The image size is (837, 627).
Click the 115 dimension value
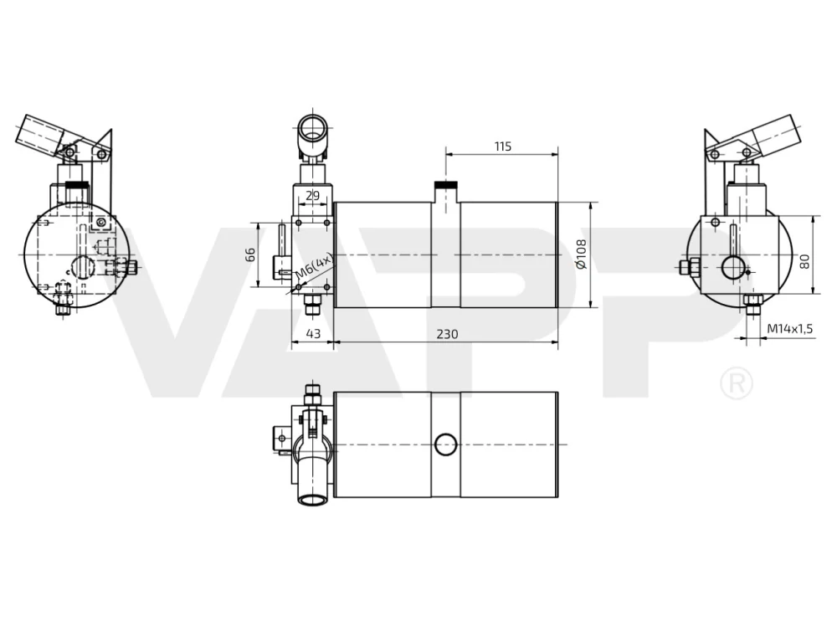coord(503,146)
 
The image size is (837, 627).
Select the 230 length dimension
coord(447,334)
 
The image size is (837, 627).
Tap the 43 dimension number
coord(313,334)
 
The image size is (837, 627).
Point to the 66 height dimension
coord(249,254)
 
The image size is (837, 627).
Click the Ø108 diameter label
coord(581,254)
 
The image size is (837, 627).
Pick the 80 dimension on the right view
coord(804,262)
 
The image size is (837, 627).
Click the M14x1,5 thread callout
coord(789,329)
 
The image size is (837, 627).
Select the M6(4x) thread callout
coord(315,265)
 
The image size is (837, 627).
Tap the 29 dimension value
coord(313,196)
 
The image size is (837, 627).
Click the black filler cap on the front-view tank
coord(446,185)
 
